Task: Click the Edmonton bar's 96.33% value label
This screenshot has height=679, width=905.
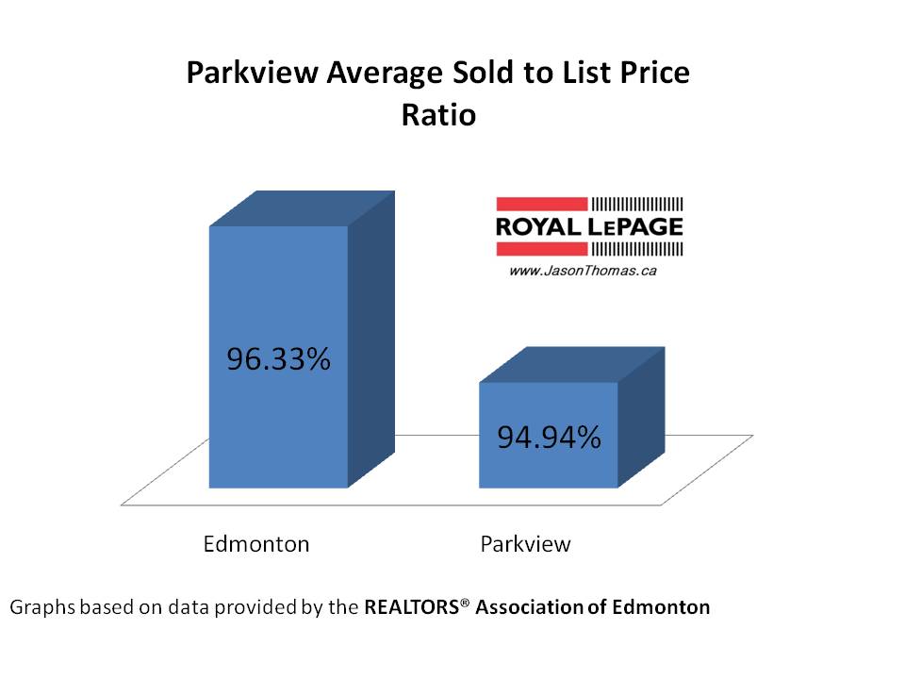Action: tap(278, 359)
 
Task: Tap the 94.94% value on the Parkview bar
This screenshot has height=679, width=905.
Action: tap(548, 438)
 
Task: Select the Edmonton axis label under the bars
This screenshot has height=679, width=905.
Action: tap(256, 544)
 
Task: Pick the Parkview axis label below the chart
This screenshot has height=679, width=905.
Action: tap(525, 544)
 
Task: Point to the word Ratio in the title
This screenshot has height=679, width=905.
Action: tap(438, 116)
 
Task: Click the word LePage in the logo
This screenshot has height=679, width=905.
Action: tap(636, 227)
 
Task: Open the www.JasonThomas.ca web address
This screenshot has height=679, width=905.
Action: tap(569, 271)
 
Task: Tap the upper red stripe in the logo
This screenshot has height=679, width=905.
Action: tap(541, 204)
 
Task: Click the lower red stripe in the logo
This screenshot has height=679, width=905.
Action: tap(541, 249)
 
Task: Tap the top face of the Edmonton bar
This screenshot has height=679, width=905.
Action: tap(300, 208)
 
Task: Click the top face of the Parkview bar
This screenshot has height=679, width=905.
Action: tap(571, 365)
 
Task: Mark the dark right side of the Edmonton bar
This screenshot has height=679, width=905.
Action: tap(370, 339)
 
